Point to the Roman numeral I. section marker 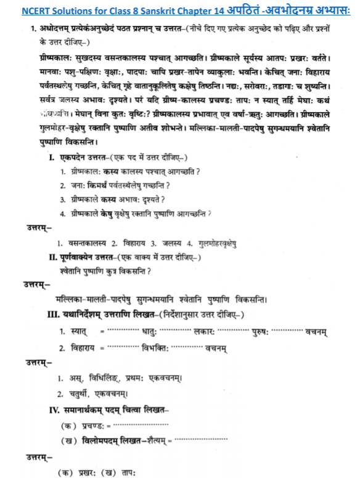click(52, 158)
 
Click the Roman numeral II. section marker click(54, 256)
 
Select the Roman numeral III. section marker click(55, 314)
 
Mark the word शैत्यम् click(159, 441)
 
